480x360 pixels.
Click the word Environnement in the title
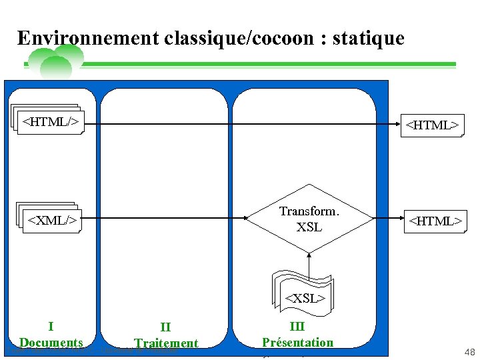pyautogui.click(x=87, y=38)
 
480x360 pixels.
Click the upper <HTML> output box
pyautogui.click(x=432, y=125)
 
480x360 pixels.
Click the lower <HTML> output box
pyautogui.click(x=435, y=219)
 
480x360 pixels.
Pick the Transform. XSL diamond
pyautogui.click(x=309, y=219)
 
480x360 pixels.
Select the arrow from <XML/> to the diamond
pyautogui.click(x=163, y=218)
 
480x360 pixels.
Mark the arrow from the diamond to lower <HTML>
pyautogui.click(x=386, y=218)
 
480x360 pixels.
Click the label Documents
pyautogui.click(x=51, y=343)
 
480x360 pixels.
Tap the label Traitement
pyautogui.click(x=166, y=343)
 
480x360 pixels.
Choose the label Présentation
pyautogui.click(x=297, y=343)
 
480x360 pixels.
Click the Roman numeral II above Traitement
pyautogui.click(x=165, y=327)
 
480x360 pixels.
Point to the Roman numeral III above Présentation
pyautogui.click(x=297, y=326)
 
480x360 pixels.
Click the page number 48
pyautogui.click(x=469, y=352)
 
